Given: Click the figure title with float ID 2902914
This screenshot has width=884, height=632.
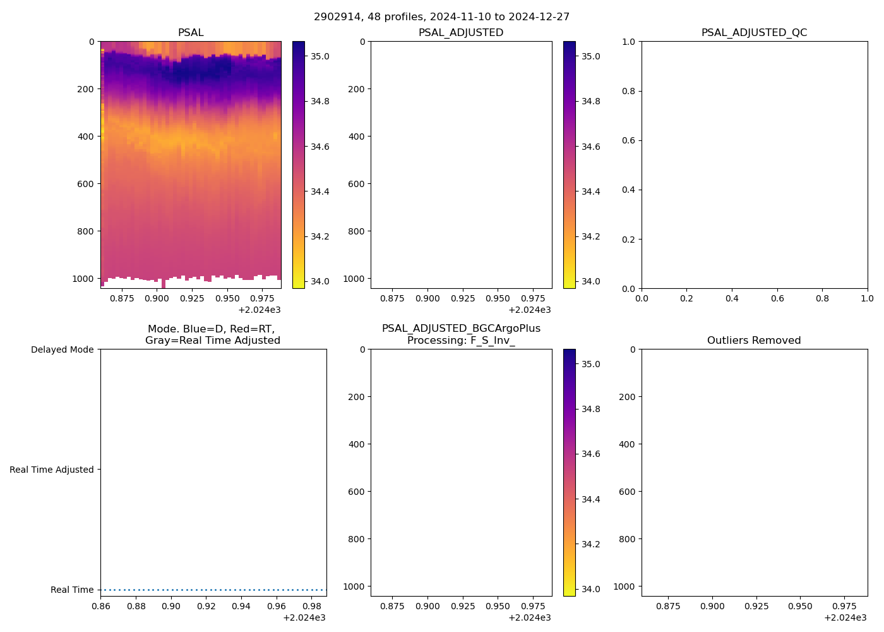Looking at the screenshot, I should click(441, 16).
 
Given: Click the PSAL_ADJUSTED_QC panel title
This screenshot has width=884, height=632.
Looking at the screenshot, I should click(754, 32).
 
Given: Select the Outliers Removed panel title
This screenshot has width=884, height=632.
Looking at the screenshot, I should click(754, 340).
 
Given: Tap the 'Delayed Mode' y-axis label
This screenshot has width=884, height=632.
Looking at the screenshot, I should click(62, 349).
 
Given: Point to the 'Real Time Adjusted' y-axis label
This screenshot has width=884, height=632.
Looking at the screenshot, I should click(52, 470).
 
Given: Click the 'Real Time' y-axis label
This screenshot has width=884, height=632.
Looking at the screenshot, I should click(72, 590).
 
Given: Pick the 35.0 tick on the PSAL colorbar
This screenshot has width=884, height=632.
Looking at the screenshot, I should click(320, 56).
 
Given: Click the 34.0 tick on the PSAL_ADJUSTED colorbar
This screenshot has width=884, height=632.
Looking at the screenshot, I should click(590, 281).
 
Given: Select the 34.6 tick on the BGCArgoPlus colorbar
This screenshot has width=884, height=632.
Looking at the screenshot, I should click(590, 454).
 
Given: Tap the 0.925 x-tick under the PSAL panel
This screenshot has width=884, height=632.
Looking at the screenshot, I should click(192, 298).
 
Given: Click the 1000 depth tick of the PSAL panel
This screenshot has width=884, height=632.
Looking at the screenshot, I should click(83, 279).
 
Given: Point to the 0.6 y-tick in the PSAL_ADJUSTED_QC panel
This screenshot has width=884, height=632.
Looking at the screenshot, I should click(627, 140).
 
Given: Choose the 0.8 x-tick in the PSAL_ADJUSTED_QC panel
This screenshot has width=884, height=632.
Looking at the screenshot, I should click(822, 298).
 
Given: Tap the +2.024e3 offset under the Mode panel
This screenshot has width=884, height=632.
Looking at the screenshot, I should click(304, 617).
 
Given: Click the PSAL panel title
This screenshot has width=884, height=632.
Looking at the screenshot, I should click(191, 32).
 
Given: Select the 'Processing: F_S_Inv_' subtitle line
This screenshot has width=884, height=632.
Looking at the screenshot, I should click(461, 340).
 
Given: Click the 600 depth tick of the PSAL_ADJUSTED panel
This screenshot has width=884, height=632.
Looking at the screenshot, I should click(356, 184).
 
